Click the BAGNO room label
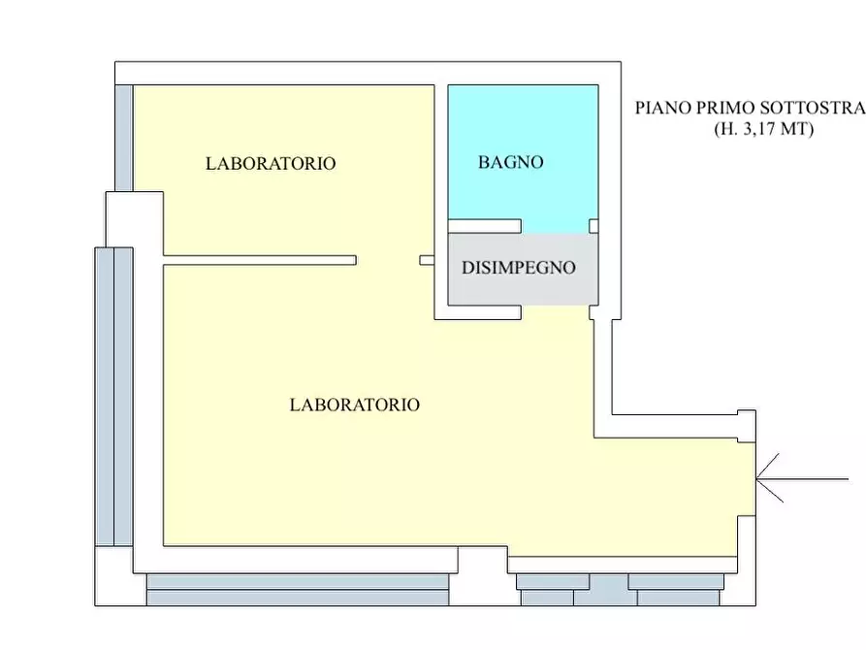tap(510, 163)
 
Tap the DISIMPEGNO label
tap(519, 268)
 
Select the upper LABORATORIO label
tap(271, 164)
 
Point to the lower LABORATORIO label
tap(355, 406)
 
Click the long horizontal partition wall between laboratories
tap(260, 260)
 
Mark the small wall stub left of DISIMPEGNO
tap(427, 260)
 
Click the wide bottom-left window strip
tap(298, 590)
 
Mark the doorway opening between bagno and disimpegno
tap(556, 227)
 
